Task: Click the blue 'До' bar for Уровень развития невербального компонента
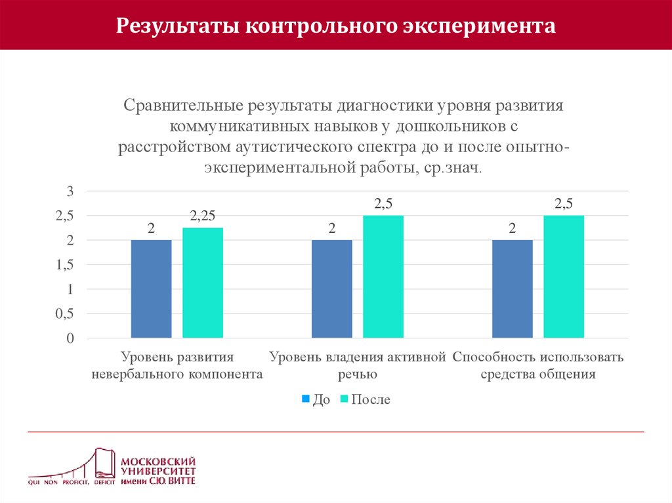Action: pos(152,289)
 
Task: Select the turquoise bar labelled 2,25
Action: pos(203,283)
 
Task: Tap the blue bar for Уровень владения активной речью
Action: pos(332,289)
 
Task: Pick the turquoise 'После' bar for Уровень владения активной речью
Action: pos(383,277)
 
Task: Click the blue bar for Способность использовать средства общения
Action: pos(513,289)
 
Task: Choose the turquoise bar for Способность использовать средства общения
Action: pos(564,277)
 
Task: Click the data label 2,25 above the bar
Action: pos(203,216)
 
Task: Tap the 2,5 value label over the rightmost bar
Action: pos(564,204)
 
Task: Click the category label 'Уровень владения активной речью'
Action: pos(358,366)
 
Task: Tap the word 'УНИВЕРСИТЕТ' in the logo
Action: pos(157,472)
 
